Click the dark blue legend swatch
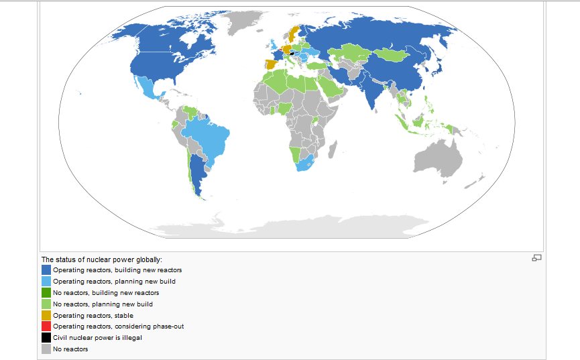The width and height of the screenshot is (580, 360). click(46, 269)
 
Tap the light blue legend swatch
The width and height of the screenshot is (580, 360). click(46, 281)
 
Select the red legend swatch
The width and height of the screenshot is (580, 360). click(46, 326)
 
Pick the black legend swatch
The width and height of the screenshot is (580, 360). click(46, 338)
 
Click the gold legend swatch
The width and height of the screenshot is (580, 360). click(46, 315)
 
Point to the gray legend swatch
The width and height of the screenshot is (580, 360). click(46, 349)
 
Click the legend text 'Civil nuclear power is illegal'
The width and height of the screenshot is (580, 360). click(97, 338)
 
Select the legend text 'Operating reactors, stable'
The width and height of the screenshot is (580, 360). click(93, 315)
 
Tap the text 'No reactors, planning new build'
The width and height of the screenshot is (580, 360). click(103, 304)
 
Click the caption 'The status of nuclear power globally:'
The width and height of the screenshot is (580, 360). click(102, 259)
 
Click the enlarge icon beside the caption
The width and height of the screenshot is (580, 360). click(536, 257)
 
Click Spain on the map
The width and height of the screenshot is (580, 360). click(271, 64)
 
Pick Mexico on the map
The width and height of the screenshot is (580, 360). click(149, 87)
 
